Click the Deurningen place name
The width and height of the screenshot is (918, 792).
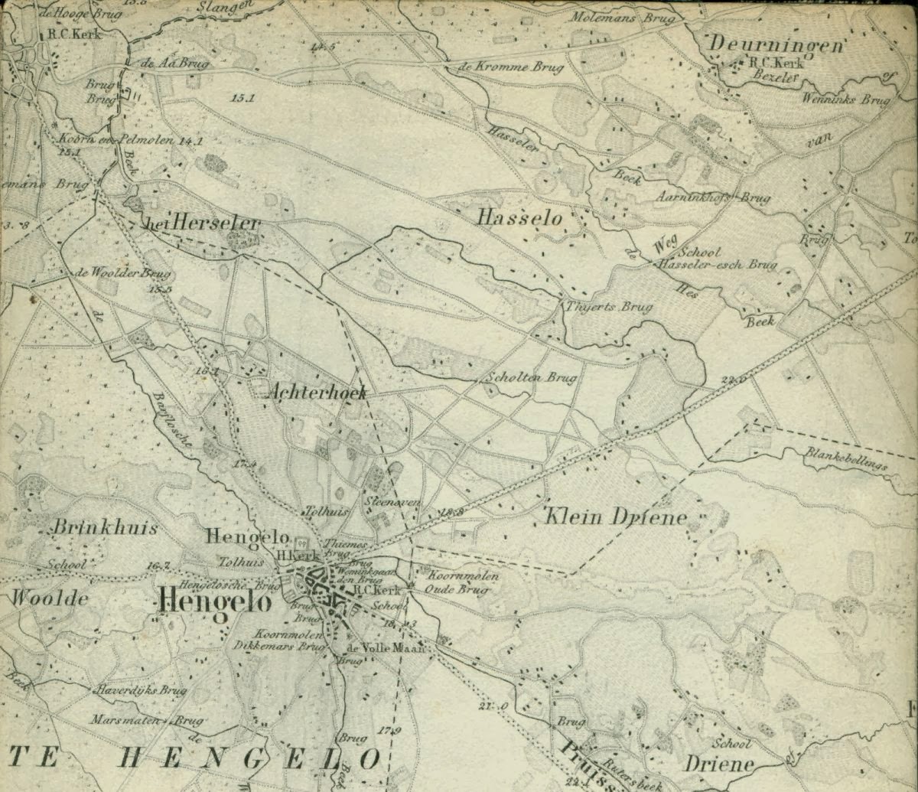tap(775, 45)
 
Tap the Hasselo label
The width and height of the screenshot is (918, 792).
tap(519, 218)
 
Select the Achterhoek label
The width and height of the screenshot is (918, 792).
tap(317, 393)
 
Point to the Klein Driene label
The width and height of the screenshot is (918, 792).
tap(615, 517)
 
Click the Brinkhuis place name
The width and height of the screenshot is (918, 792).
tap(106, 528)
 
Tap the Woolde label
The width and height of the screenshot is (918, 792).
tap(49, 598)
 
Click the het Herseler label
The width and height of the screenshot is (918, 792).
tap(202, 223)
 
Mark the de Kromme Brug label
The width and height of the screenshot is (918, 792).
tap(510, 67)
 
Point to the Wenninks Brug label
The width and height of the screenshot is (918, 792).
tap(847, 99)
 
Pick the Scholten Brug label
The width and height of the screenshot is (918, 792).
tap(532, 377)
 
